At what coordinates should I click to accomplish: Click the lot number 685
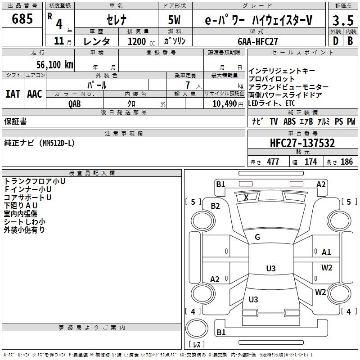coord(22,19)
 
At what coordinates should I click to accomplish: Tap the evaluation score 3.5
coord(342,20)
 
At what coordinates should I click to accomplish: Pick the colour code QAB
coord(75,104)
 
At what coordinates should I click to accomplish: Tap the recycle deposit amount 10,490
coord(223,104)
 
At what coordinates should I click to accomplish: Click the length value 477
coord(273,162)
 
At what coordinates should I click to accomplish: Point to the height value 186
coord(347,162)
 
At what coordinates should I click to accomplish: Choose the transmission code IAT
coord(13,94)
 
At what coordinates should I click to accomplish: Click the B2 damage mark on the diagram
coord(215,206)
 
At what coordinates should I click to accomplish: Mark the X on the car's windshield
coord(246,198)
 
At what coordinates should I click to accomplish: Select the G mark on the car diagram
coord(257,237)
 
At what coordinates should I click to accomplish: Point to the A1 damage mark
coord(326,252)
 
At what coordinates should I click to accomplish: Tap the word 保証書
coord(15,121)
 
